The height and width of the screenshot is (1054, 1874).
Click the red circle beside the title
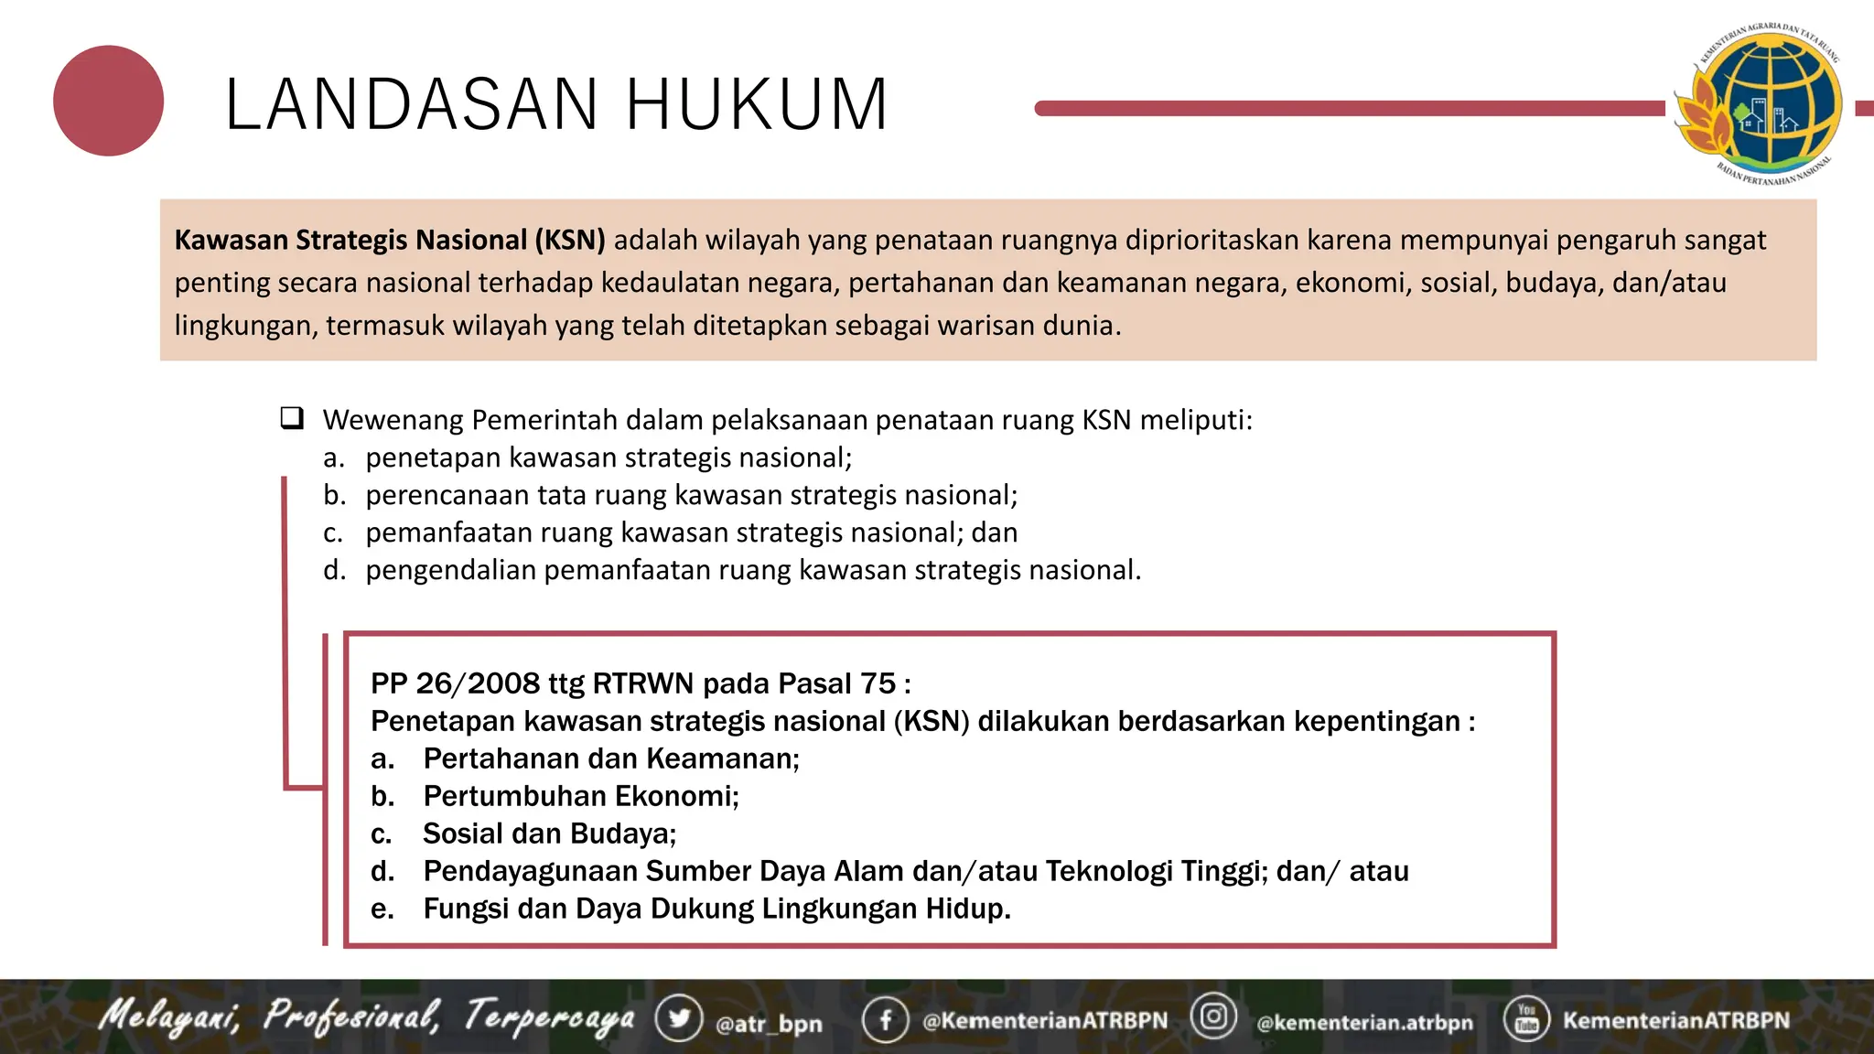pos(108,101)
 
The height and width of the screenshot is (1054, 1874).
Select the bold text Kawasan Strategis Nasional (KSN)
pos(390,240)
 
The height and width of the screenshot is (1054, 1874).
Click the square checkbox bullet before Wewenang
pos(292,419)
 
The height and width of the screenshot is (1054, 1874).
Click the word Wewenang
pos(393,420)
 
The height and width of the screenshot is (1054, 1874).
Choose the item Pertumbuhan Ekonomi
pos(580,796)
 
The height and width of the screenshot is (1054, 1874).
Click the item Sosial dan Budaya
pos(549,834)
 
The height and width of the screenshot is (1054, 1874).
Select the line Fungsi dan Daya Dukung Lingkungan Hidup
pos(716,909)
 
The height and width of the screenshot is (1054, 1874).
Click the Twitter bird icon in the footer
pos(678,1018)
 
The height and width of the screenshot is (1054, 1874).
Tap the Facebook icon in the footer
pos(885,1019)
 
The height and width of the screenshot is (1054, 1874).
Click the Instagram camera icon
pos(1213,1016)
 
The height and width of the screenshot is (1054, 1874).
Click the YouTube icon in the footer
pos(1526,1018)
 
